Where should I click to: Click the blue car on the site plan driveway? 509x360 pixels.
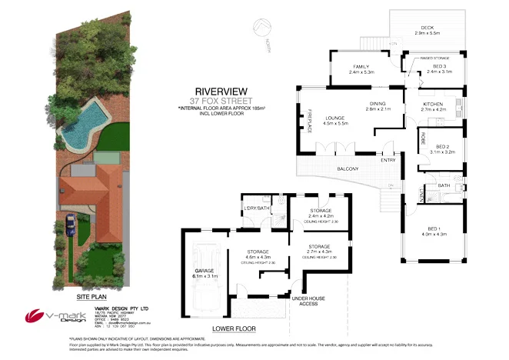click(71, 226)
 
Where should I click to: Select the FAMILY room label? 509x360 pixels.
click(361, 67)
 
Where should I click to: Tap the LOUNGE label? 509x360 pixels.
click(334, 118)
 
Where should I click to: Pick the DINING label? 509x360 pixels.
click(378, 104)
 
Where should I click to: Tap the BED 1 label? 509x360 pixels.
click(436, 226)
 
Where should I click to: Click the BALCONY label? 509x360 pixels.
click(347, 168)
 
